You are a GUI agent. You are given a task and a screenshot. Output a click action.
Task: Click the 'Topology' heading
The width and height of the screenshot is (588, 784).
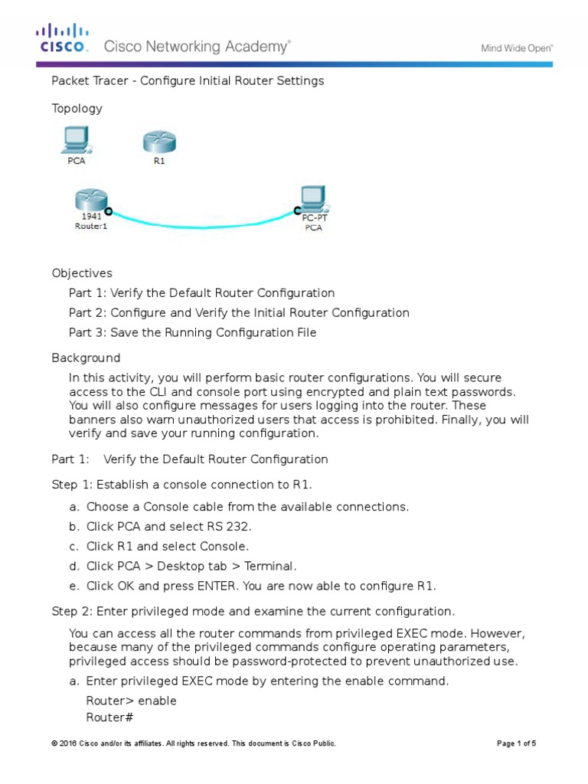point(77,109)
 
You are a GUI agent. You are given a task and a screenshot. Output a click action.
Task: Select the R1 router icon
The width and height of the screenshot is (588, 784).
point(159,142)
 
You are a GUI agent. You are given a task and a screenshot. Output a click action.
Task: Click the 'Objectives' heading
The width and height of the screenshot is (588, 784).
point(82,273)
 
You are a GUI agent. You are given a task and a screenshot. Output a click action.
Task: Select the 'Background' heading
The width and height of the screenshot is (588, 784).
point(86,358)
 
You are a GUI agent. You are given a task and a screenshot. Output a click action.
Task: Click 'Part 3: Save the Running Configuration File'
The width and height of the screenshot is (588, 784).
point(192,332)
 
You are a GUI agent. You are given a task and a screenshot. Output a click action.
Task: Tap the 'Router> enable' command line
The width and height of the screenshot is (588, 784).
point(131,701)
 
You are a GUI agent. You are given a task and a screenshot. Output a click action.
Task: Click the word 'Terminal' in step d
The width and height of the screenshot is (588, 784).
point(269,567)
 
